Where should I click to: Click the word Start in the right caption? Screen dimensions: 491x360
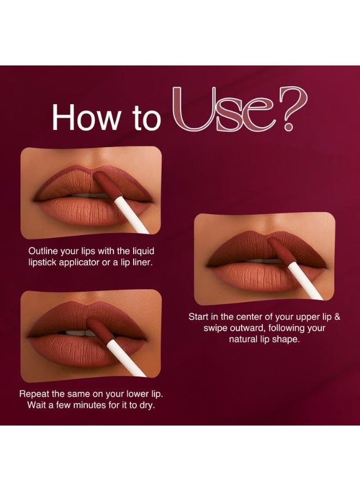[200, 316]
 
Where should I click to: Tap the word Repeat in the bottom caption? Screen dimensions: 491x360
[34, 393]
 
